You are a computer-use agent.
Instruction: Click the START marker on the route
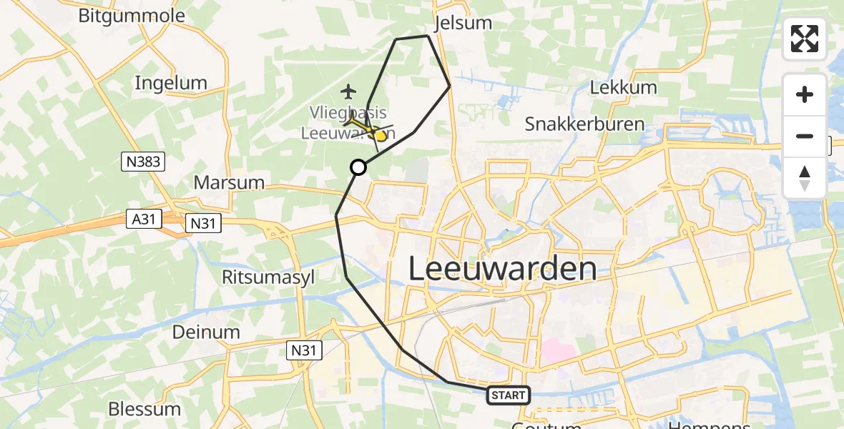pos(509,395)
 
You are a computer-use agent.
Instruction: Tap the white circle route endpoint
pos(358,167)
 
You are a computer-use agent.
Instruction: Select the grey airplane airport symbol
pos(348,92)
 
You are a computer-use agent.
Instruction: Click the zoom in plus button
pos(805,94)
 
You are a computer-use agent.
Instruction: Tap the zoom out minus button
pos(805,136)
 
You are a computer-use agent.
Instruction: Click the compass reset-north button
pos(805,177)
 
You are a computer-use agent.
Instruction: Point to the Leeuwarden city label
pos(502,269)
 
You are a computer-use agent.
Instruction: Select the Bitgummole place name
pos(132,16)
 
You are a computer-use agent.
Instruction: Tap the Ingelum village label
pos(171,83)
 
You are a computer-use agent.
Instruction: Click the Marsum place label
pos(230,182)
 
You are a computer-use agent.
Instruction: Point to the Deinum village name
pos(206,332)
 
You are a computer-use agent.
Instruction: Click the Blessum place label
pos(144,409)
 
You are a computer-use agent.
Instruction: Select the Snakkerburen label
pos(584,124)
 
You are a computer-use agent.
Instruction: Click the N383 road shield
pos(142,162)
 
